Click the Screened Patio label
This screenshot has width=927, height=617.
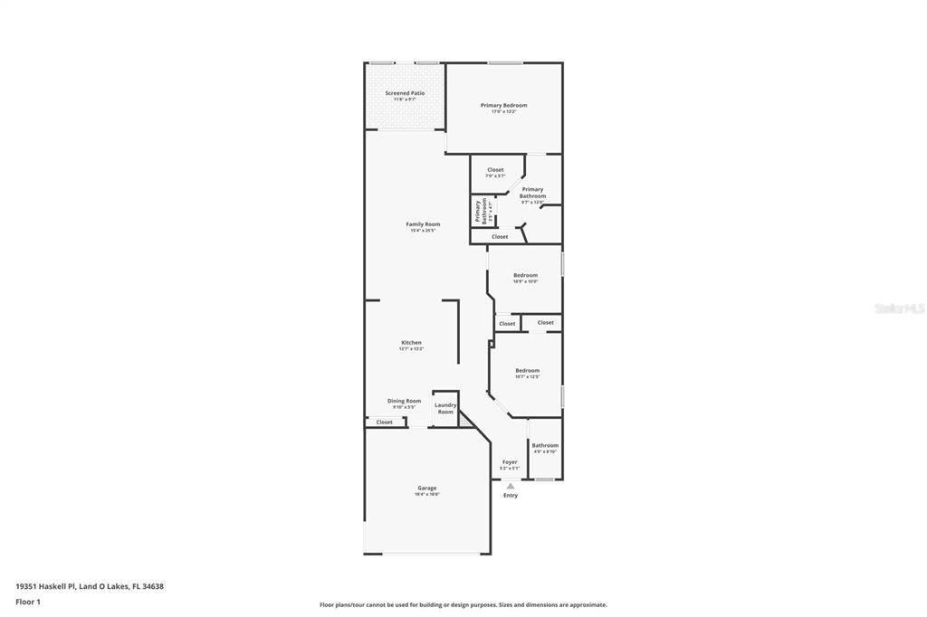[x=405, y=93]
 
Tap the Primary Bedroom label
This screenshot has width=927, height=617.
[x=503, y=106]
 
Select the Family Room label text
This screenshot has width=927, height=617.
[x=423, y=224]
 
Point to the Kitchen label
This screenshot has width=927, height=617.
[x=411, y=343]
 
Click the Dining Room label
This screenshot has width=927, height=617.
[x=404, y=401]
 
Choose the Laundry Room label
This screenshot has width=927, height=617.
[x=445, y=408]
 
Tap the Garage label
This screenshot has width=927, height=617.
[x=427, y=489]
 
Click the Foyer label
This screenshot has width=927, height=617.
[x=510, y=462]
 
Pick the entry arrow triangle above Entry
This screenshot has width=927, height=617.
[x=510, y=486]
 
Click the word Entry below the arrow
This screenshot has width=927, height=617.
[x=511, y=495]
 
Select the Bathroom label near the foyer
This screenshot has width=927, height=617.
[x=545, y=445]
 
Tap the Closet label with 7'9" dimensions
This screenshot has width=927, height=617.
[x=495, y=170]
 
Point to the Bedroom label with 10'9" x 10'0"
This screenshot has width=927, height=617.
[x=525, y=276]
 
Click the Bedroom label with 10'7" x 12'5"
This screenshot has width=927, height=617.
[x=527, y=371]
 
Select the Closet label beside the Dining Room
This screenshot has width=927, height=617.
[x=385, y=422]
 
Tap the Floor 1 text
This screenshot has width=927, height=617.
[x=29, y=601]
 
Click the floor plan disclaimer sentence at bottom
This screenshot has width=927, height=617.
[x=463, y=605]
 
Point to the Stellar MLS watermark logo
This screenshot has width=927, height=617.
[x=898, y=308]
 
